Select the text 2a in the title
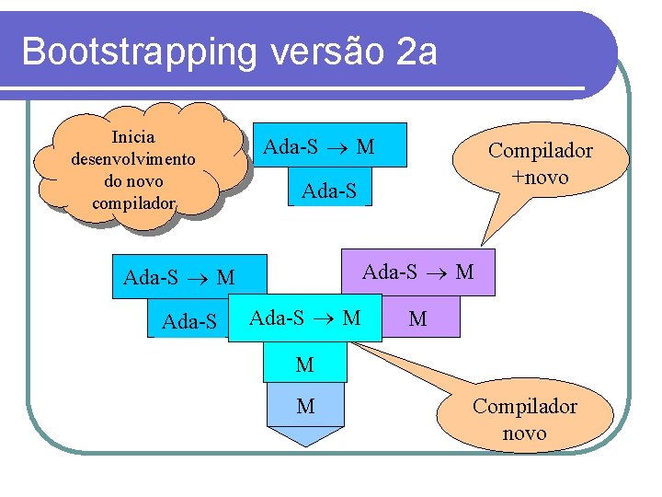(x=418, y=52)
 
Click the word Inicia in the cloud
(x=133, y=137)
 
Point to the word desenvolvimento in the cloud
(x=133, y=158)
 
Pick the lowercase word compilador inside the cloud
(x=133, y=201)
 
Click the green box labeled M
(x=305, y=364)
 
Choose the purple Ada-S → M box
(x=418, y=272)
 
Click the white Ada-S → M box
(x=305, y=318)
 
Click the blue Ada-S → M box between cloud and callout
(x=319, y=146)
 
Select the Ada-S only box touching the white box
(x=189, y=321)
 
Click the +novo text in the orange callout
(x=541, y=176)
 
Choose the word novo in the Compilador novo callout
(x=524, y=433)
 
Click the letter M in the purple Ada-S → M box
(x=464, y=272)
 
